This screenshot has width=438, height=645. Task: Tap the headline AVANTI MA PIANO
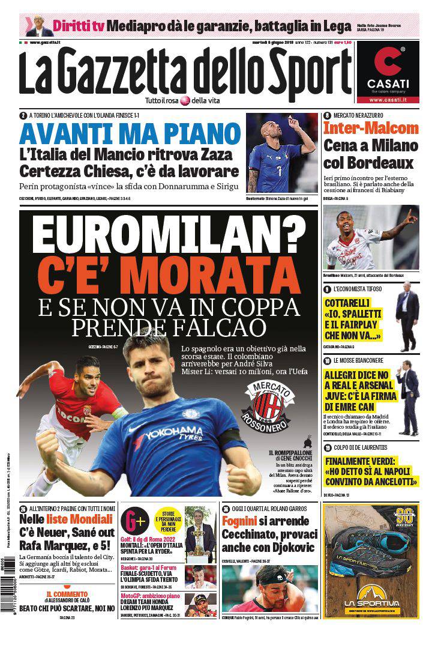tap(129, 132)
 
